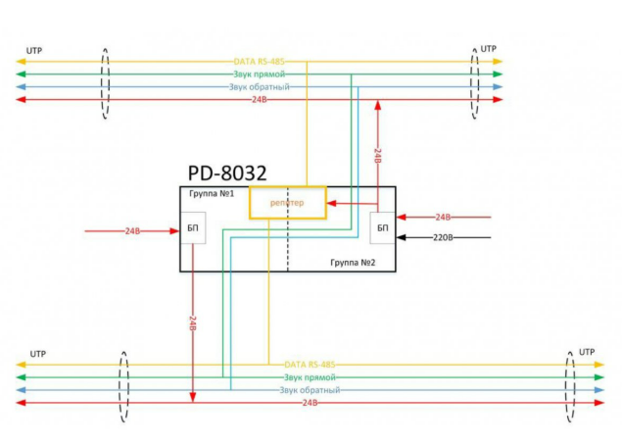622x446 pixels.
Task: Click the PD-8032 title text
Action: pyautogui.click(x=228, y=173)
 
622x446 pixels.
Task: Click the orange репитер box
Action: pyautogui.click(x=287, y=202)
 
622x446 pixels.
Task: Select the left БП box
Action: pyautogui.click(x=193, y=228)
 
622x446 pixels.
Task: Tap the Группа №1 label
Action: pyautogui.click(x=212, y=194)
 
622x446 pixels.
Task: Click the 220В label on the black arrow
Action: pyautogui.click(x=444, y=236)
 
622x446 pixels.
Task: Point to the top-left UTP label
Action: pyautogui.click(x=35, y=49)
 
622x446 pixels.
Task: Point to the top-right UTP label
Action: pyautogui.click(x=488, y=48)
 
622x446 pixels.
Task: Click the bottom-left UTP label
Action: pyautogui.click(x=38, y=352)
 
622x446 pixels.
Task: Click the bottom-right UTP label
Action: pyautogui.click(x=587, y=351)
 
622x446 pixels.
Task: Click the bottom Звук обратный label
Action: pyautogui.click(x=310, y=389)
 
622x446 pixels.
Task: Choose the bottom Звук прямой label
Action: pyautogui.click(x=311, y=376)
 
